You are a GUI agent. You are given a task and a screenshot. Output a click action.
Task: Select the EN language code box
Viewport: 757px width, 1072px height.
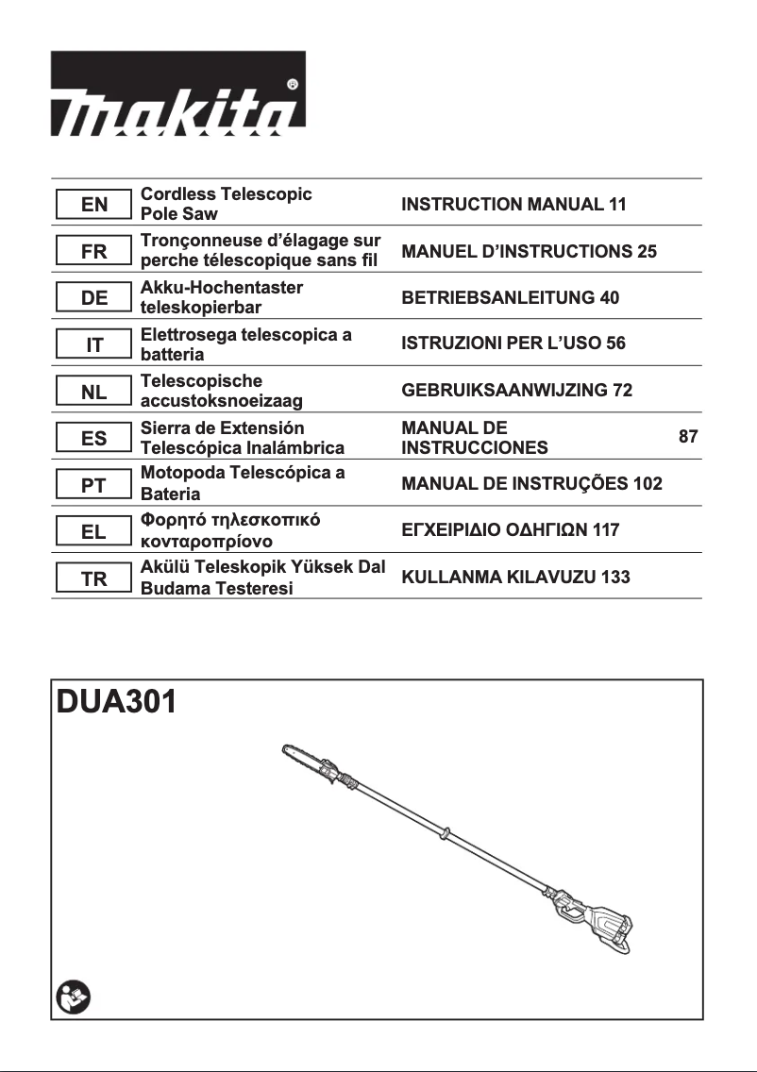pos(93,205)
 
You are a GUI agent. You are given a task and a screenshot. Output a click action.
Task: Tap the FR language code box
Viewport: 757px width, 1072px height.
pos(93,252)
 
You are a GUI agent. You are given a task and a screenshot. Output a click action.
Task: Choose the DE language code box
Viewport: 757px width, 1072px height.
pos(93,298)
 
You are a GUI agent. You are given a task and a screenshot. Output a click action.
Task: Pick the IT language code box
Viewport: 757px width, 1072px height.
pos(93,345)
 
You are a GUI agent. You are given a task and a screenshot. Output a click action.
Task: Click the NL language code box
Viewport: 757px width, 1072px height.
pos(93,392)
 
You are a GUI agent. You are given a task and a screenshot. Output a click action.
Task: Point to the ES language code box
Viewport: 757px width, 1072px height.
pos(93,439)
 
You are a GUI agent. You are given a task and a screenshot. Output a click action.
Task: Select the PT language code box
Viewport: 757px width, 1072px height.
pos(93,485)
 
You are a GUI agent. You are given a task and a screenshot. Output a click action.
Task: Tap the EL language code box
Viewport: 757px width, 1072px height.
pos(93,532)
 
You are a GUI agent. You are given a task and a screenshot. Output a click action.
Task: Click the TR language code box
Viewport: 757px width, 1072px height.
pos(93,579)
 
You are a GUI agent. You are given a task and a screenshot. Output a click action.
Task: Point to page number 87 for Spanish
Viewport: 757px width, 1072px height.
pos(688,437)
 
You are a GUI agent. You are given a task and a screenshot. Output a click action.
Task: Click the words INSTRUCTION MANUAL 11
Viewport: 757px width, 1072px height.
pos(513,205)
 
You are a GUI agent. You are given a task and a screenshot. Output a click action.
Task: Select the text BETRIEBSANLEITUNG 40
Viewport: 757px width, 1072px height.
pos(510,298)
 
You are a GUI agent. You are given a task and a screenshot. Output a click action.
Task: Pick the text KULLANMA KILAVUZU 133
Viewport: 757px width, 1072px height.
pos(515,578)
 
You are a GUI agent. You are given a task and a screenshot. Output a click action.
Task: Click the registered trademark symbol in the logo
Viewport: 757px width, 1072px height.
pos(293,84)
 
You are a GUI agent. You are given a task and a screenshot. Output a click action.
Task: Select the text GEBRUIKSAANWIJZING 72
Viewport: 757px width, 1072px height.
pos(516,391)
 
